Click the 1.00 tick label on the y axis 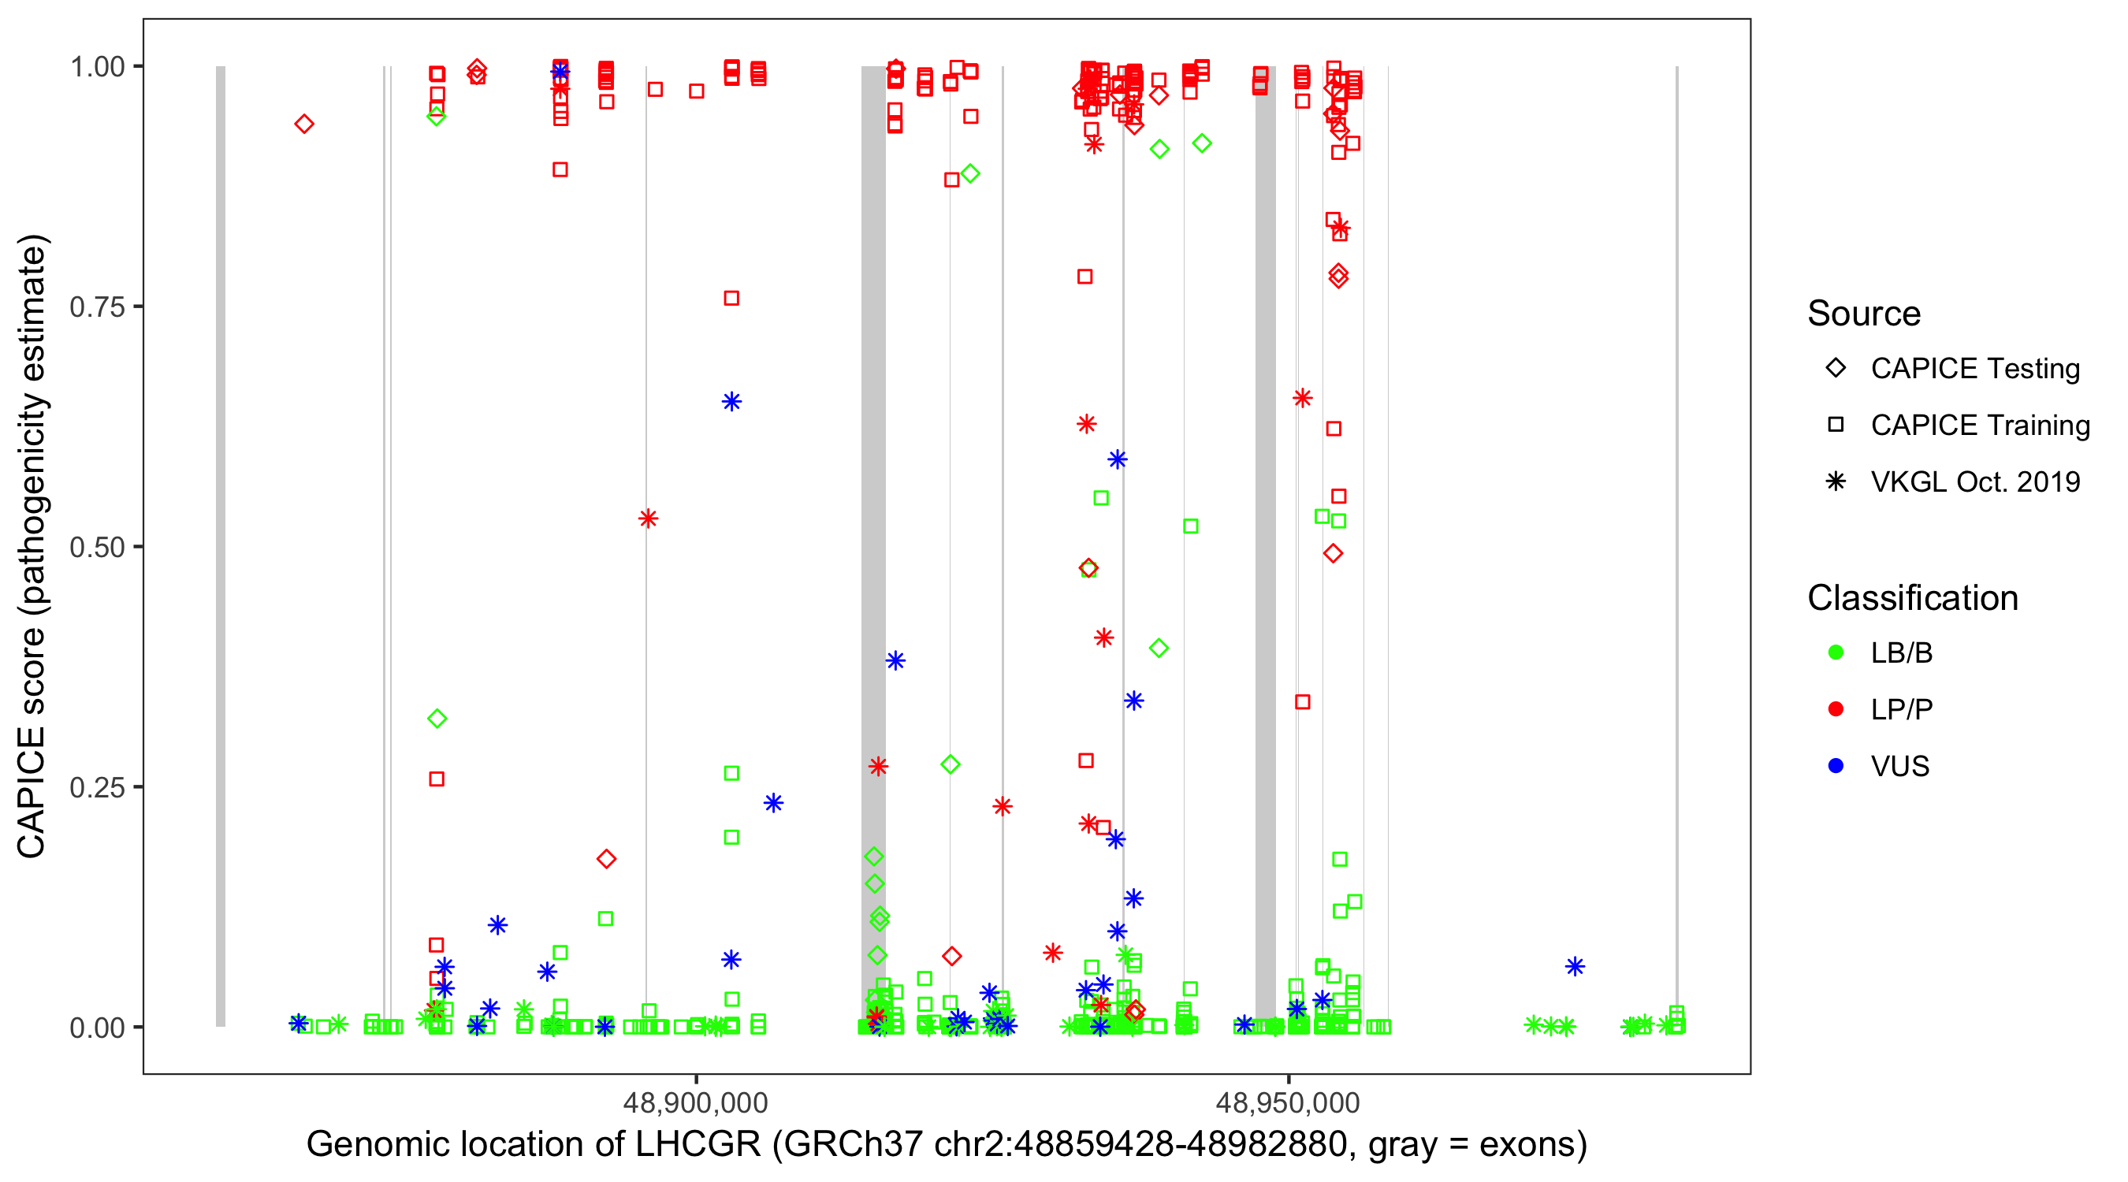click(97, 67)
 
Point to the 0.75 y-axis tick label click(97, 307)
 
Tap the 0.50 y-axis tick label click(97, 548)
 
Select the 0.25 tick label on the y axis click(97, 787)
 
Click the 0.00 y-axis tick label click(97, 1028)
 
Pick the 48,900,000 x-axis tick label click(696, 1102)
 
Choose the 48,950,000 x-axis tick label click(1288, 1102)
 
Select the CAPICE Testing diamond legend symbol click(1836, 369)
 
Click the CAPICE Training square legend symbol click(1836, 426)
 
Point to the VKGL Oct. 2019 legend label click(1975, 482)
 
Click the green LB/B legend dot click(1836, 653)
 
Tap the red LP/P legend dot click(1836, 709)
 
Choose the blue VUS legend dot click(1836, 767)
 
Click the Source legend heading click(1864, 314)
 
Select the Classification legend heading click(1912, 598)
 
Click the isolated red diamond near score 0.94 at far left click(304, 125)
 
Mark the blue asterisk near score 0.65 click(732, 402)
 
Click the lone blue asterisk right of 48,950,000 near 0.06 click(1576, 966)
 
